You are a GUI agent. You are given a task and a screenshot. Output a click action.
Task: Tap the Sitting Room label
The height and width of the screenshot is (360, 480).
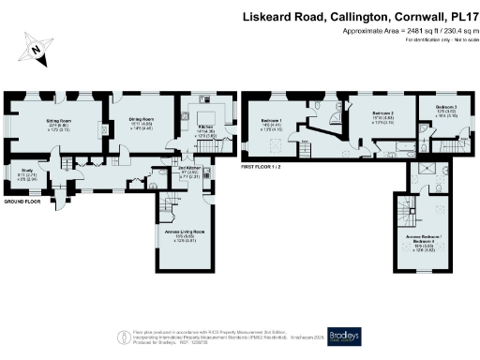tap(61, 123)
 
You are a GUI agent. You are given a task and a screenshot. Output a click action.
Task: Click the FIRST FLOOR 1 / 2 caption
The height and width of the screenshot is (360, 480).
tap(263, 165)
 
